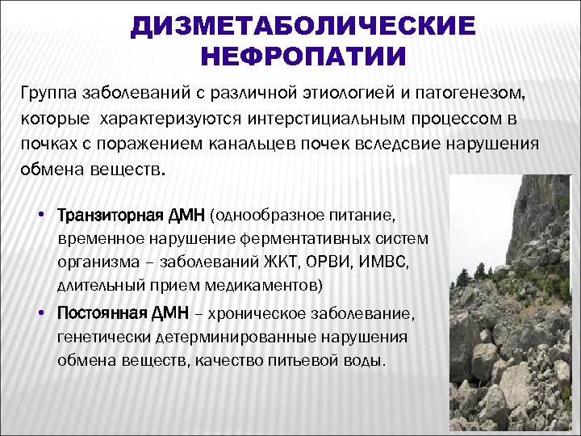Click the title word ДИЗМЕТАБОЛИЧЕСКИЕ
(303, 25)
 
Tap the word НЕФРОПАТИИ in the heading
(303, 56)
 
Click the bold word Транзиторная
(109, 216)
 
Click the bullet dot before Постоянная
(40, 312)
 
